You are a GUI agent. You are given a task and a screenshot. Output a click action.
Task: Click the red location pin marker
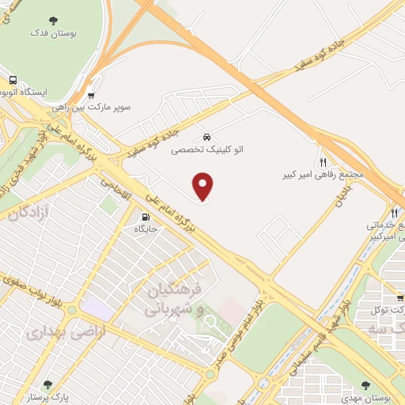(x=203, y=187)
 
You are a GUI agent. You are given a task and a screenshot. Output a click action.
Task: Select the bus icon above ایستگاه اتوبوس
(x=13, y=81)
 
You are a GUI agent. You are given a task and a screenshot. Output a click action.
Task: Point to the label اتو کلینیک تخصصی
(x=206, y=147)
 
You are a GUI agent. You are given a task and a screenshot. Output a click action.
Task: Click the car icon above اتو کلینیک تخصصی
(x=206, y=135)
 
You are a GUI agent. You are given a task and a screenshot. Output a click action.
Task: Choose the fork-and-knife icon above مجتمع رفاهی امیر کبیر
(x=322, y=161)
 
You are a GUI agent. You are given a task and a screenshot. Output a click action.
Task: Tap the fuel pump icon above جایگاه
(x=146, y=217)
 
